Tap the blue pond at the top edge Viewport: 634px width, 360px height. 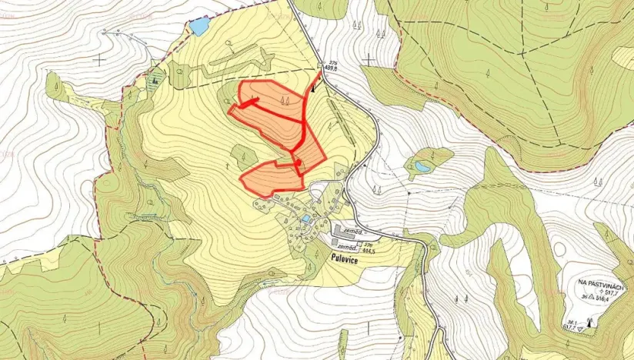tap(199, 28)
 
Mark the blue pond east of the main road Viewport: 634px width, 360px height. tap(422, 166)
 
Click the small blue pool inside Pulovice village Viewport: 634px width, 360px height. tap(306, 220)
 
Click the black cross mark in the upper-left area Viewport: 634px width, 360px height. tap(99, 58)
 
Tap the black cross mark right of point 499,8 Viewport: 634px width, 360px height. tap(369, 58)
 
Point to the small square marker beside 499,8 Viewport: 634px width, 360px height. tap(319, 67)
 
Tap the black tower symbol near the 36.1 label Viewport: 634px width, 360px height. tap(590, 322)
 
